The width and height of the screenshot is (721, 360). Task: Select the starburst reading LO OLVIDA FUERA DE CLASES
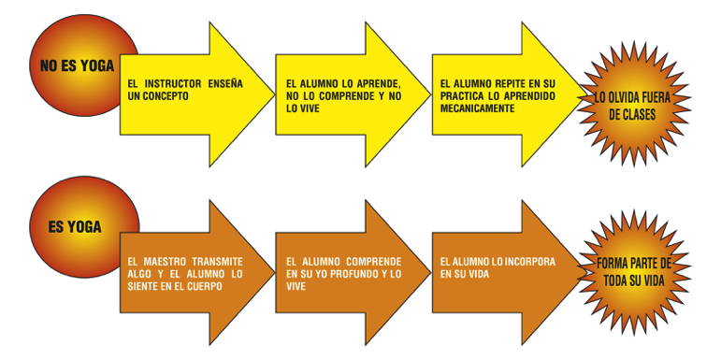pos(634,104)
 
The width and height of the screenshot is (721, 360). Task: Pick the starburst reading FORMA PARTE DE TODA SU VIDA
pos(634,273)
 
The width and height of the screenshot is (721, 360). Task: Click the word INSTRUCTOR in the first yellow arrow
pos(172,84)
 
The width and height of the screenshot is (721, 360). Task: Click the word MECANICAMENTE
pos(477,108)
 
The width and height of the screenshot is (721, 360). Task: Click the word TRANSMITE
pos(217,262)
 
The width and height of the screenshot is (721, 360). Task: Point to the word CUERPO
pos(205,286)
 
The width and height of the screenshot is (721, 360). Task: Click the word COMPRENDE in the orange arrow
pos(373,262)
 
